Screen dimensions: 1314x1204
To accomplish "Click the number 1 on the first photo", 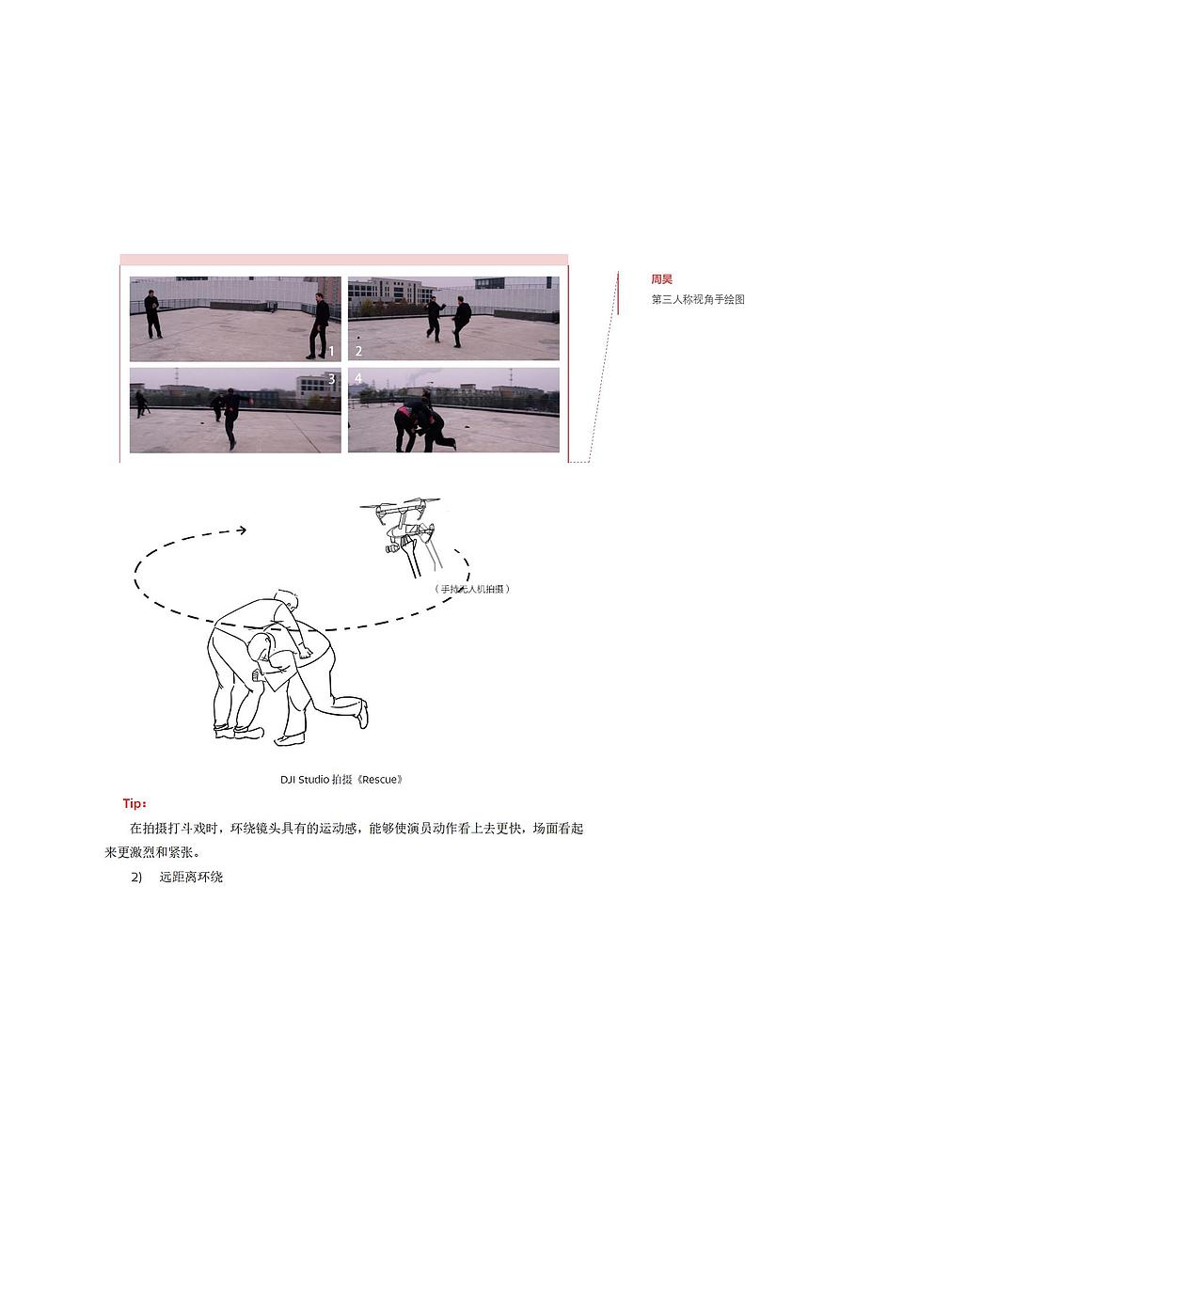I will point(331,352).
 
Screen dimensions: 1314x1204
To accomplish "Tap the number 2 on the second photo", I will point(358,352).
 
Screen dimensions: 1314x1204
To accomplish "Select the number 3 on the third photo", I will point(331,379).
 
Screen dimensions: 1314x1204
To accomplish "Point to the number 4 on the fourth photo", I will point(357,378).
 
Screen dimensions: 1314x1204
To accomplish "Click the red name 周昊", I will point(661,279).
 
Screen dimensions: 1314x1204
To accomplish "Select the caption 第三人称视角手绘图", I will point(698,299).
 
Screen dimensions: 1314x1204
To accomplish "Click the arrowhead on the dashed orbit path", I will point(242,530).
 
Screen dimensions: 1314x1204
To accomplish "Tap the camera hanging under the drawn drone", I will point(391,547).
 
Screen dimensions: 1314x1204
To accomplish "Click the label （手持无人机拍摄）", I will point(472,589).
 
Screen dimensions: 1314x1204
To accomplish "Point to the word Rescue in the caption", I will point(380,780).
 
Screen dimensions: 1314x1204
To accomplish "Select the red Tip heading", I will point(135,803).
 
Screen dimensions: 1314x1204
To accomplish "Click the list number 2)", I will point(136,877).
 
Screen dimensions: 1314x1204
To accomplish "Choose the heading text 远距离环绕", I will point(191,877).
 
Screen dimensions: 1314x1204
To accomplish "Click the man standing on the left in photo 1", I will point(152,314).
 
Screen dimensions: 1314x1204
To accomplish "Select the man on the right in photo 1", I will point(320,325).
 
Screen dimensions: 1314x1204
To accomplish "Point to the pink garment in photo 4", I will point(404,410).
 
